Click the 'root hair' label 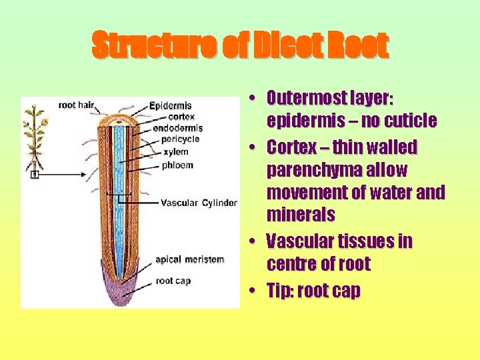pos(75,105)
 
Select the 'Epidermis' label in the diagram pos(171,105)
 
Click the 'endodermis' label pos(177,128)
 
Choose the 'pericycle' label pos(175,139)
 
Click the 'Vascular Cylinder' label pos(199,203)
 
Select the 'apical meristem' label pos(190,259)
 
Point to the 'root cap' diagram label pos(173,281)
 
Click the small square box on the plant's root pos(35,175)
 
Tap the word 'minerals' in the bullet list pos(300,215)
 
